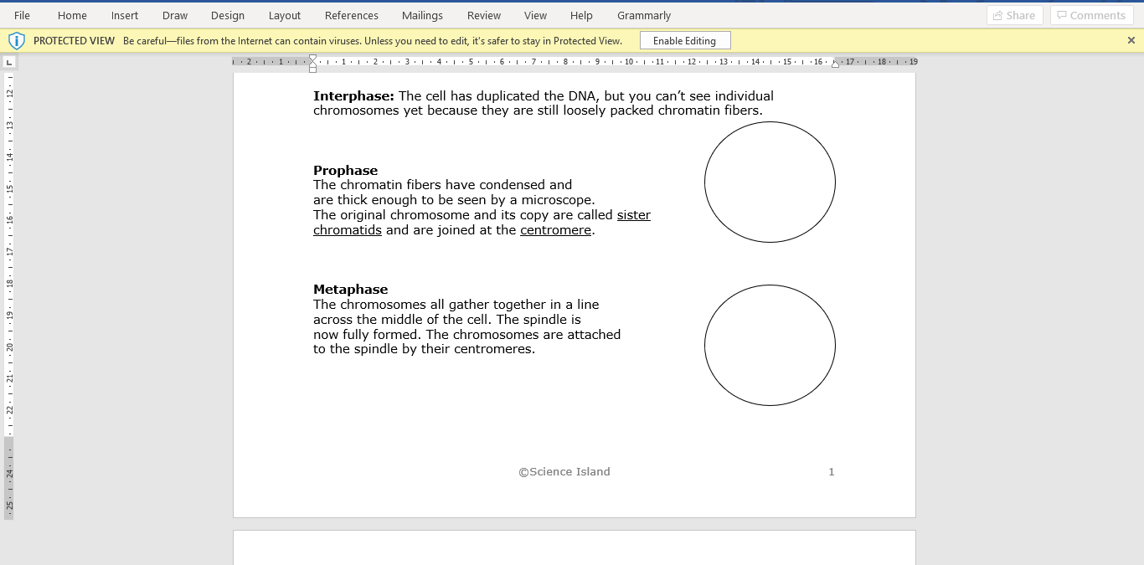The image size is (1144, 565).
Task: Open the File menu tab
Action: coord(22,15)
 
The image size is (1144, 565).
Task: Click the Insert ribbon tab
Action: coord(125,15)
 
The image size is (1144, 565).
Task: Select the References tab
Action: coord(351,15)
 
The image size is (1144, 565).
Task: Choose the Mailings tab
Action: coord(422,15)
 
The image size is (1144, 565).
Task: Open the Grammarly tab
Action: coord(643,15)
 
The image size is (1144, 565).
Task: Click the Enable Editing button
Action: coord(684,40)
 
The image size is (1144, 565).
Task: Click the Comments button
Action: coord(1091,15)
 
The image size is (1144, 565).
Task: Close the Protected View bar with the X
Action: coord(1131,40)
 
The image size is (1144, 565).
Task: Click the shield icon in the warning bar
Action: coord(17,40)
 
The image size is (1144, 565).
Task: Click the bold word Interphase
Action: coord(353,96)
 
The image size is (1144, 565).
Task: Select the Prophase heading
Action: coord(345,171)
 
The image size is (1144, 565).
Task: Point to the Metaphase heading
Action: coord(350,290)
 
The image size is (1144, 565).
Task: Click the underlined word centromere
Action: coord(555,230)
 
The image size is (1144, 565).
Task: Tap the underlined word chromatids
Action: coord(347,230)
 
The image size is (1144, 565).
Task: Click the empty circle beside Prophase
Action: coord(769,182)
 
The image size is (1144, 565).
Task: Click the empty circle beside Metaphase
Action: coord(769,345)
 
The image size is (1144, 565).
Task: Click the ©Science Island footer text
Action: coord(564,472)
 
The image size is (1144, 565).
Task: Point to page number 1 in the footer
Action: coord(831,472)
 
